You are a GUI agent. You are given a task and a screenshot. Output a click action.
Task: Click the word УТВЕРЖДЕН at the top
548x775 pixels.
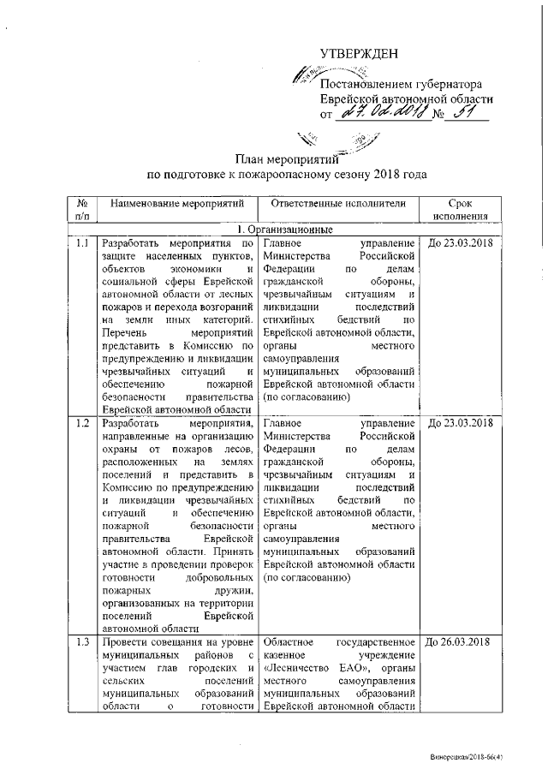[359, 54]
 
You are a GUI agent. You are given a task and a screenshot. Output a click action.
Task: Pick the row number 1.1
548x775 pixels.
[81, 243]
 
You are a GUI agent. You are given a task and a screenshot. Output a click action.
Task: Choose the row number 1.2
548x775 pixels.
[81, 423]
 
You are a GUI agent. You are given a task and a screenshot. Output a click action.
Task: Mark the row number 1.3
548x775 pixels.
[81, 642]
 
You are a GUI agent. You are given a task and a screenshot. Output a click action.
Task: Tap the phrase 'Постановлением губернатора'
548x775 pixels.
[402, 84]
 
